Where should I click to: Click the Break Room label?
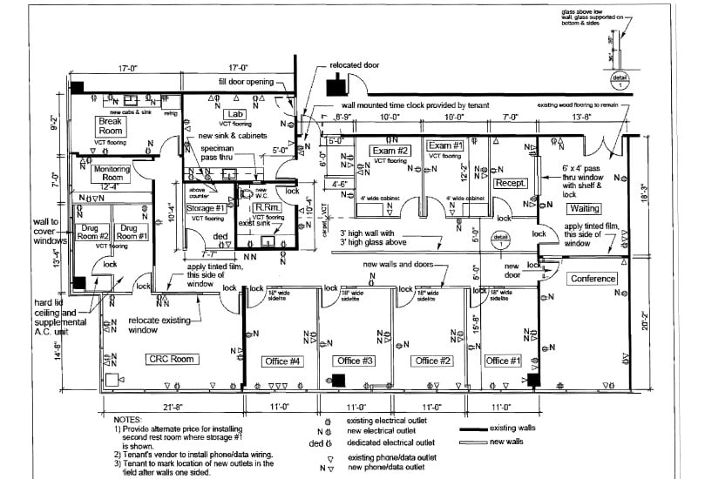click(x=110, y=126)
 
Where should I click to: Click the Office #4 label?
click(x=282, y=361)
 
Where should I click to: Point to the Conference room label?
click(x=593, y=279)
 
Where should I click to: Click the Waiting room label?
click(x=585, y=208)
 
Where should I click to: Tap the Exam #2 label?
click(x=390, y=150)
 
